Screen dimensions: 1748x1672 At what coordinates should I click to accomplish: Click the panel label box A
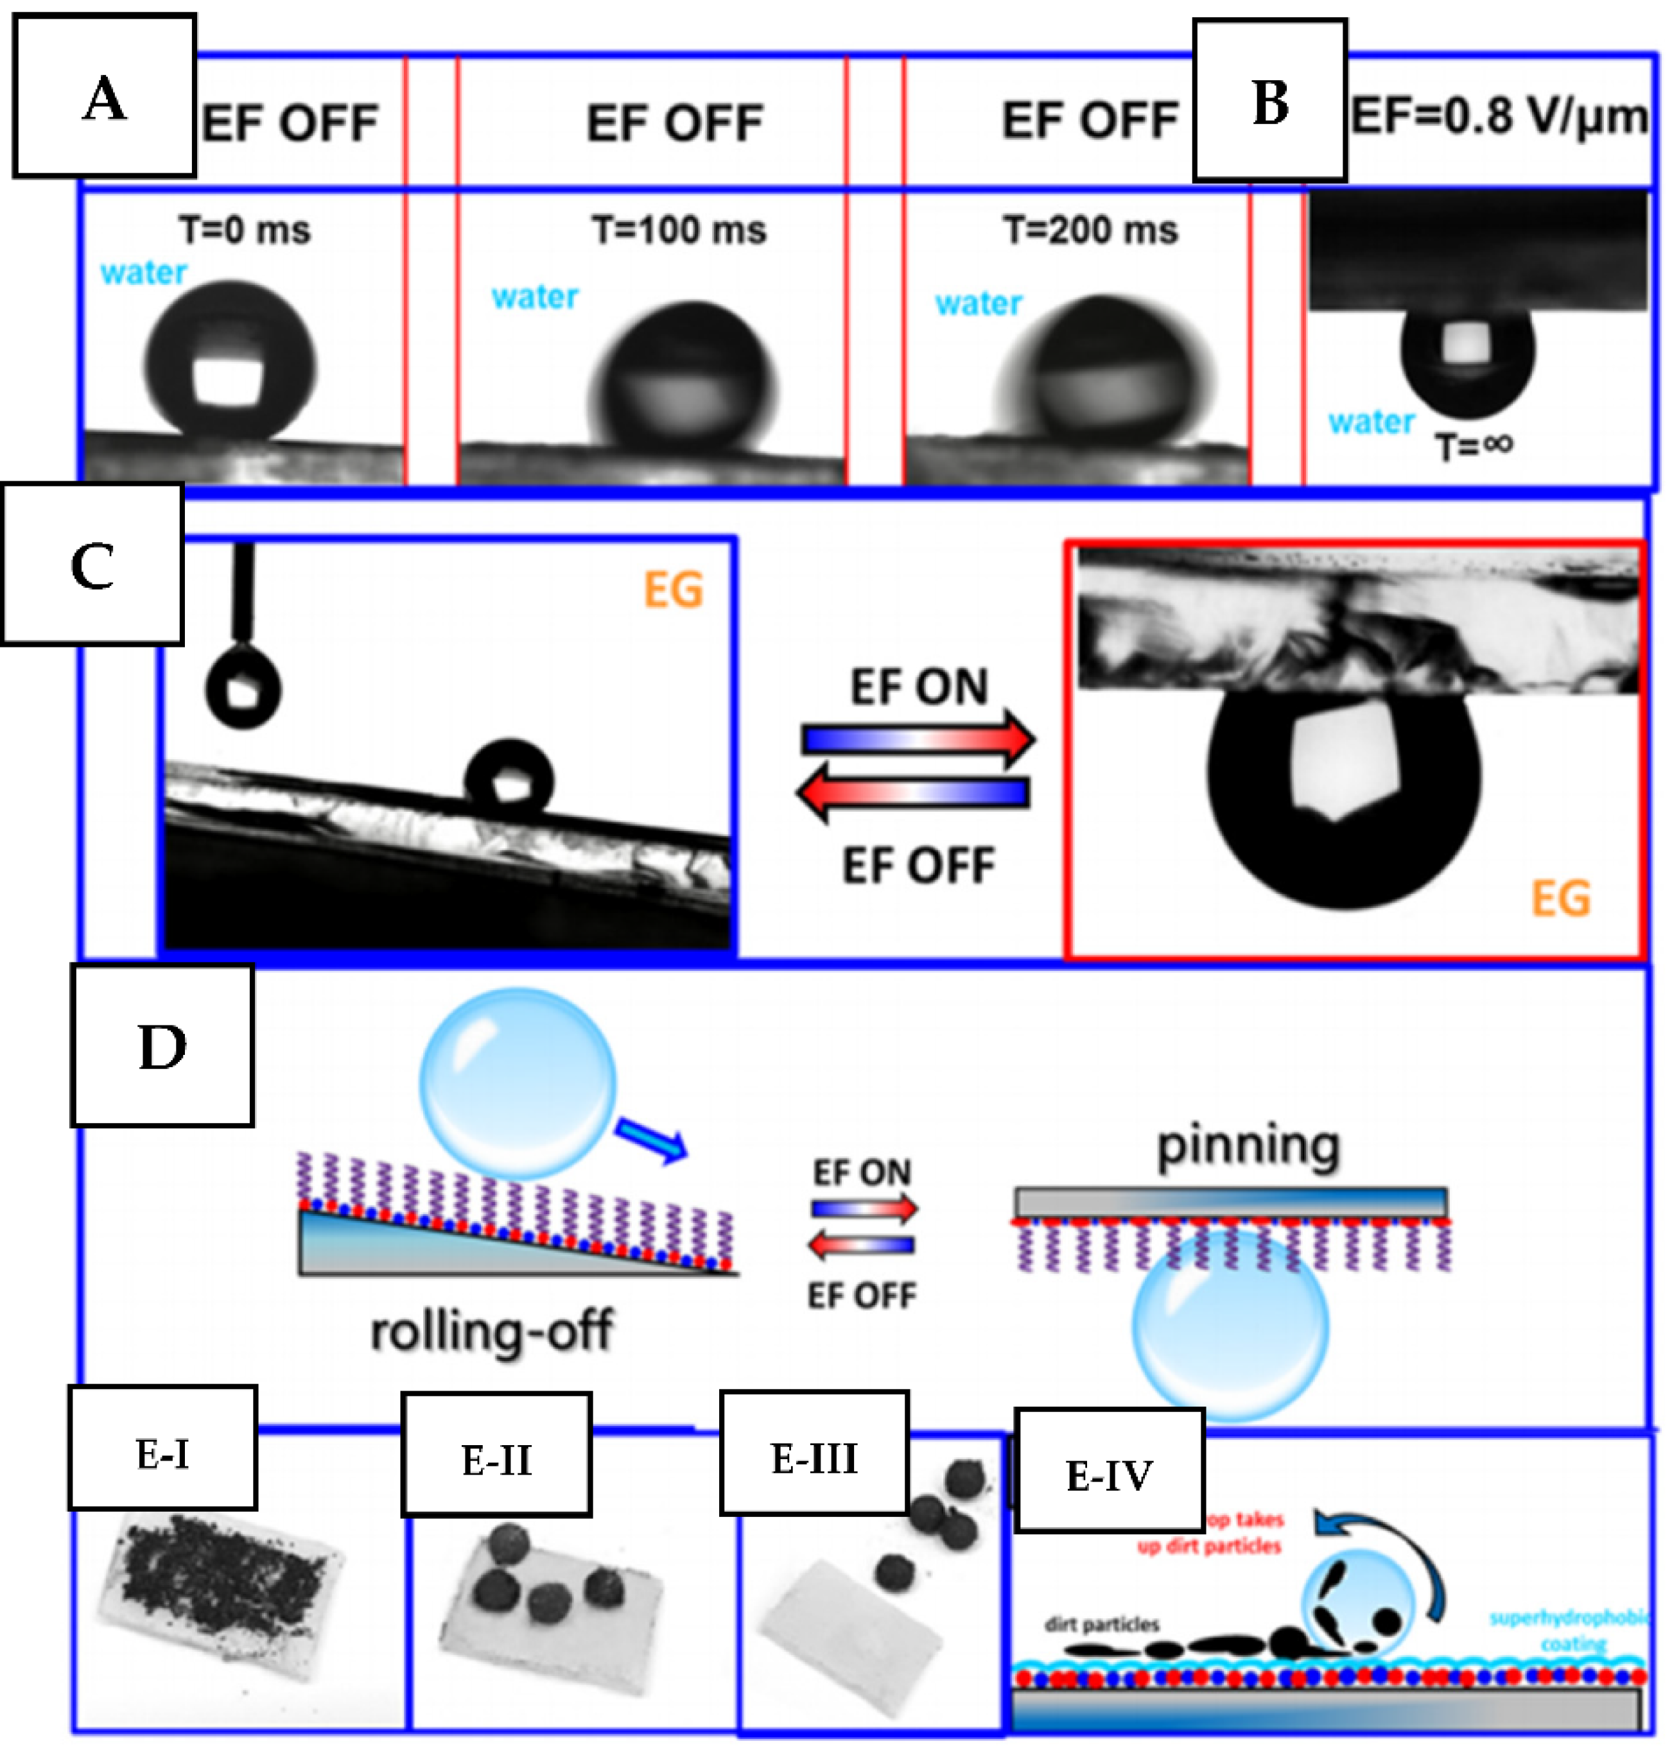(104, 96)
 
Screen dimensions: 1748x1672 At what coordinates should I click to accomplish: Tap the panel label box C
(92, 564)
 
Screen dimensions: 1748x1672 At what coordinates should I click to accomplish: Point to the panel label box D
(162, 1045)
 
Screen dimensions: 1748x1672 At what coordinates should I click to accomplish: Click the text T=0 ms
(245, 230)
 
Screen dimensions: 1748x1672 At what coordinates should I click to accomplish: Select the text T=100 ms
(679, 230)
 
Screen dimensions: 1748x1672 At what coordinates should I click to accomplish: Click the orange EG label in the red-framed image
(1560, 898)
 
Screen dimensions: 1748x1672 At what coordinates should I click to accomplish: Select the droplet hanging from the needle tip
(243, 689)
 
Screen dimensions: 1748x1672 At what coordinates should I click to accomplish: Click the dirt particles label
(1102, 1624)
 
